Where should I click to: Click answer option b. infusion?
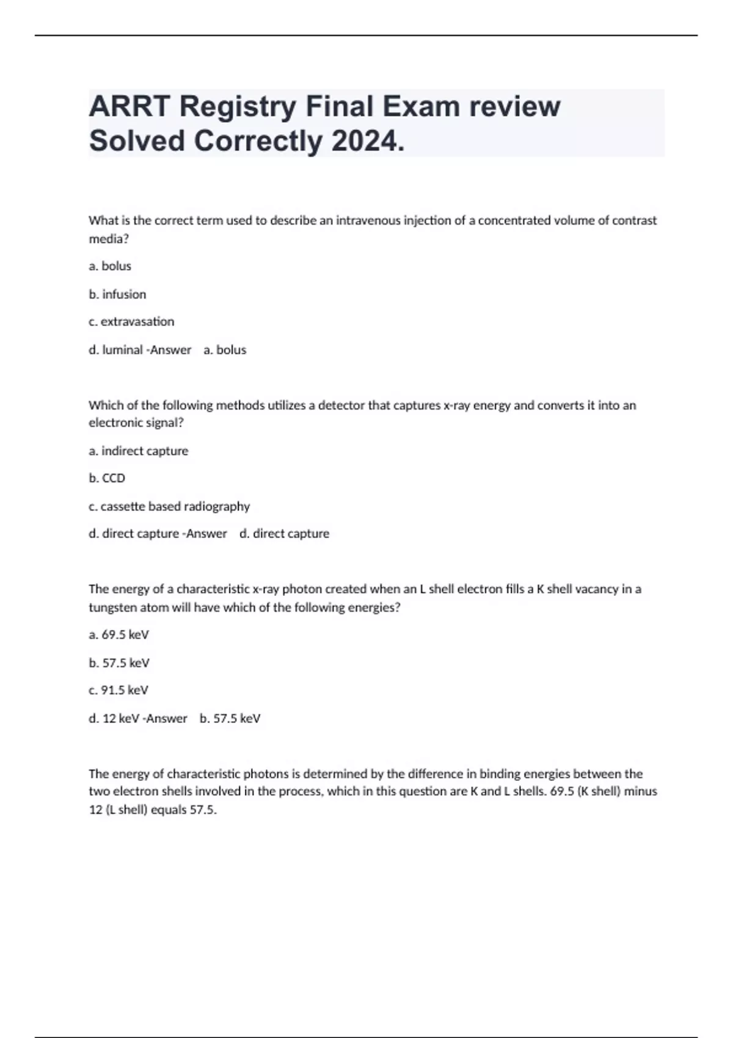point(117,294)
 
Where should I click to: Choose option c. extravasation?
point(131,322)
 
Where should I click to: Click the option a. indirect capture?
point(139,451)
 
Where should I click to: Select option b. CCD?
point(107,479)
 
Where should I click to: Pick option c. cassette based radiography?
point(169,506)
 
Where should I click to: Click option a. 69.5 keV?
point(119,635)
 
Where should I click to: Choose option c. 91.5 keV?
point(119,691)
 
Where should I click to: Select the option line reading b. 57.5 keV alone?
point(119,663)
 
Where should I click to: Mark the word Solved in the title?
point(137,142)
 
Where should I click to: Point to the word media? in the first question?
point(109,239)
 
